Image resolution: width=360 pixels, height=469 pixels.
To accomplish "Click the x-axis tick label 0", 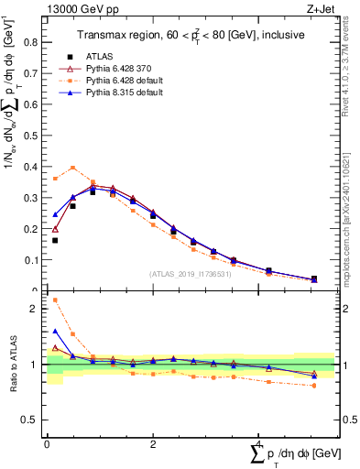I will tap(47, 443).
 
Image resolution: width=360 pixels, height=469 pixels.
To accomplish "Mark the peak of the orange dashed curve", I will tap(73, 168).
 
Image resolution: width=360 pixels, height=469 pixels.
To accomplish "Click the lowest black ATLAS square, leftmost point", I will tap(55, 240).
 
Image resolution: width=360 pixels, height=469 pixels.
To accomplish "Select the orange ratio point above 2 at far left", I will tap(55, 300).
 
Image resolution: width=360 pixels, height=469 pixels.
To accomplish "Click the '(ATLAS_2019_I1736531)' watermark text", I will tap(190, 273).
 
